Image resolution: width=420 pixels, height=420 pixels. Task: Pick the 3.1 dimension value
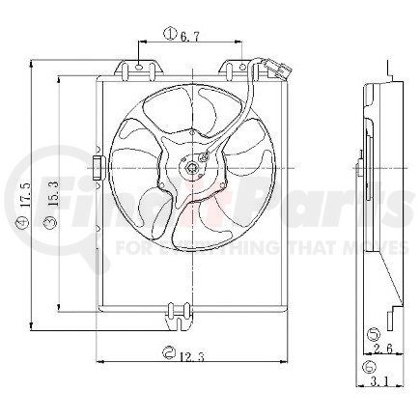[x=383, y=383]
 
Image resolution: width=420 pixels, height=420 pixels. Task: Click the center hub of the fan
[x=193, y=170]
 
